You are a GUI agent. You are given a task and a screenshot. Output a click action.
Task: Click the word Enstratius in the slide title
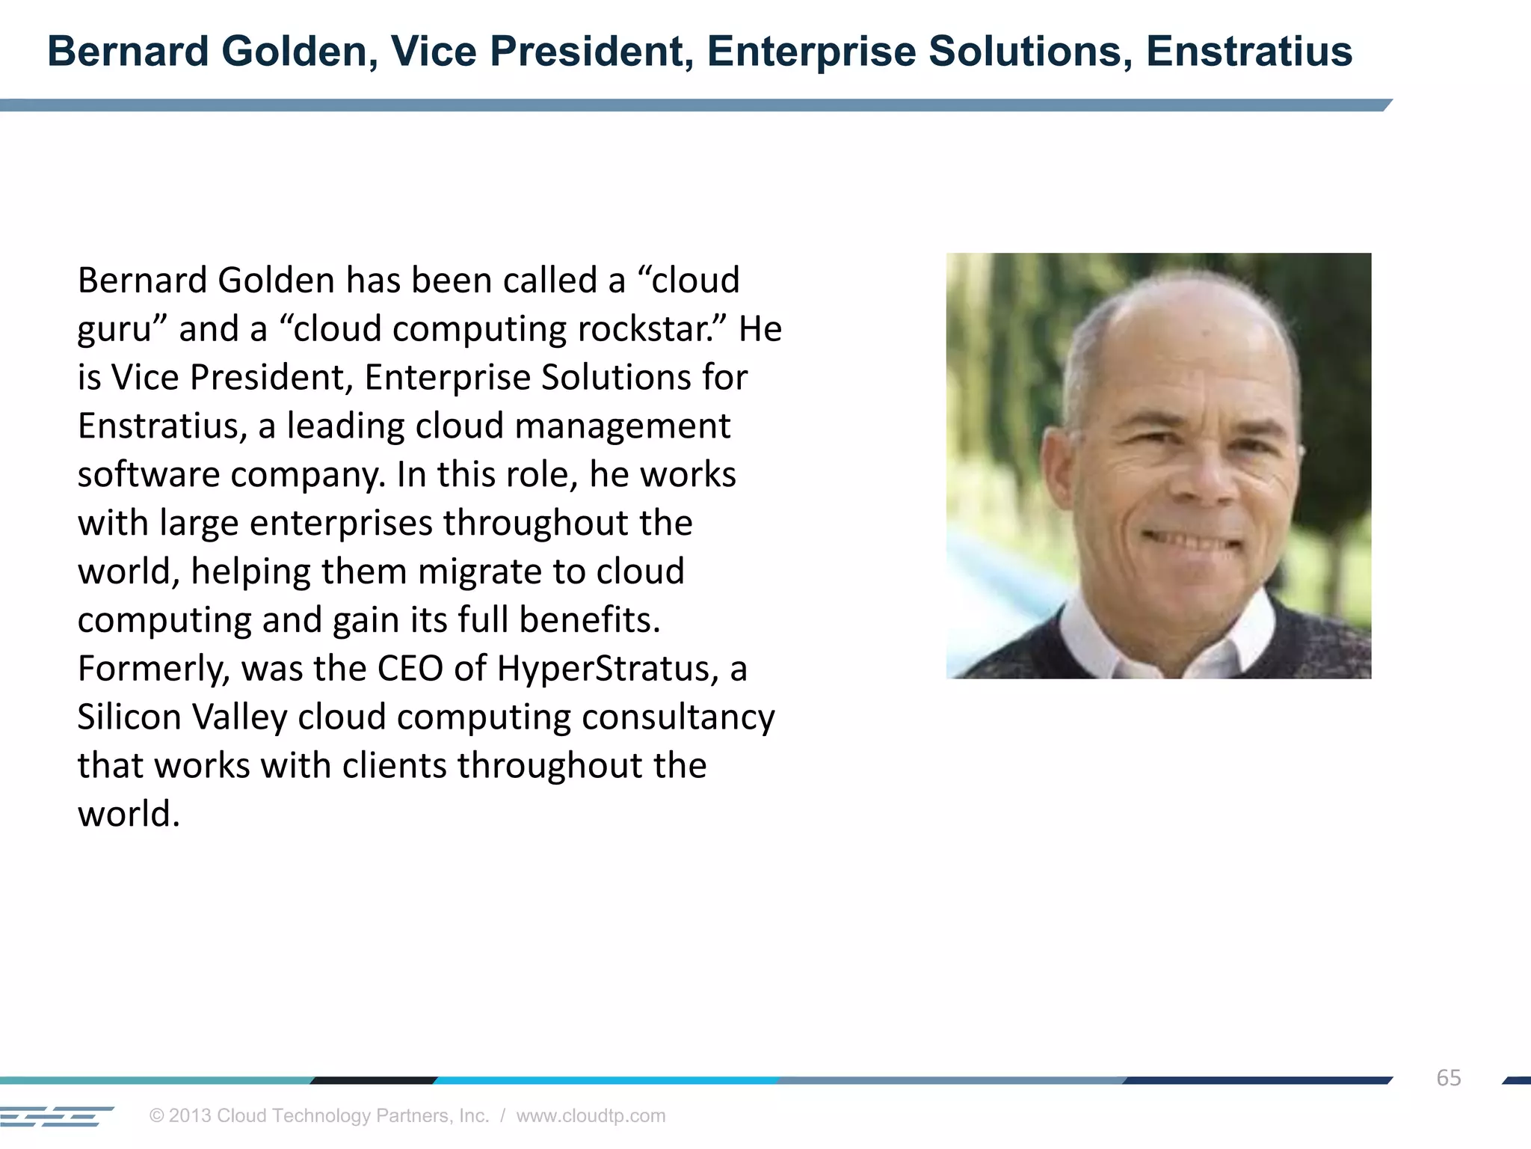click(x=1248, y=52)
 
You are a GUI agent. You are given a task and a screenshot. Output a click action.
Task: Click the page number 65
click(x=1448, y=1078)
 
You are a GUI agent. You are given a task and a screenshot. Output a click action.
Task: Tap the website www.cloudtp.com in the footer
click(x=591, y=1115)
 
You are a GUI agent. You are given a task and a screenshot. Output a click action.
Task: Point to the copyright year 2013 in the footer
click(x=190, y=1115)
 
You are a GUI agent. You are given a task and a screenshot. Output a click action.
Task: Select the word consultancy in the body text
click(x=678, y=717)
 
